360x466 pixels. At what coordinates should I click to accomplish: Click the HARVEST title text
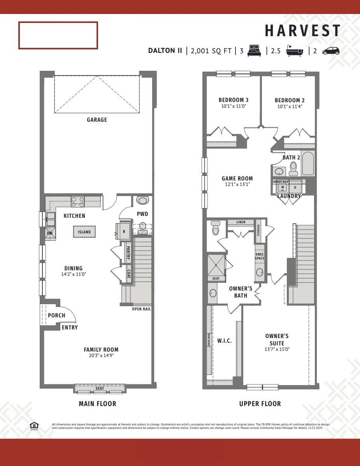coord(302,31)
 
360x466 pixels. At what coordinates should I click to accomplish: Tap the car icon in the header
coord(331,51)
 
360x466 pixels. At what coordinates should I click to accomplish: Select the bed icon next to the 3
coord(255,51)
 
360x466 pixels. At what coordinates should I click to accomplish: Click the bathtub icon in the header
coord(295,51)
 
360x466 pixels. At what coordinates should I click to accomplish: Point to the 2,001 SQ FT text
coord(211,51)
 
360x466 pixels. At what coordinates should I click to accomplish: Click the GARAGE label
coord(97,120)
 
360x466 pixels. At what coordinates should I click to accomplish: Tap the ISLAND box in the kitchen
coord(84,232)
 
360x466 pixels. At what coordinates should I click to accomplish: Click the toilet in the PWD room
coord(142,227)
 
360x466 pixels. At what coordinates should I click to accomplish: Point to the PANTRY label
coord(128,252)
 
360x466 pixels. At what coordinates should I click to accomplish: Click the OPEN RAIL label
coord(141,309)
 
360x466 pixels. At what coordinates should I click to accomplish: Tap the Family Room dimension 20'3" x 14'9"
coord(101,356)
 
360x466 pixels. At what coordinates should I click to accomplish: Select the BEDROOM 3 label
coord(234,100)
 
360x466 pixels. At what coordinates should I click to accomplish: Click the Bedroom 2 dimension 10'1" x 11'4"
coord(290,106)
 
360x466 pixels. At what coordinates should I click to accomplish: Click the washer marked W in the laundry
coord(282,187)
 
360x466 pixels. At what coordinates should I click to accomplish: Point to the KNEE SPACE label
coord(259,256)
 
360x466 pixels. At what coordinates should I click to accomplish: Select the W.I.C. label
coord(224,341)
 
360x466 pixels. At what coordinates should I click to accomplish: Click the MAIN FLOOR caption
coord(97,404)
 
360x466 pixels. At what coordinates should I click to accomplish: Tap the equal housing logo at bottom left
coord(34,426)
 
